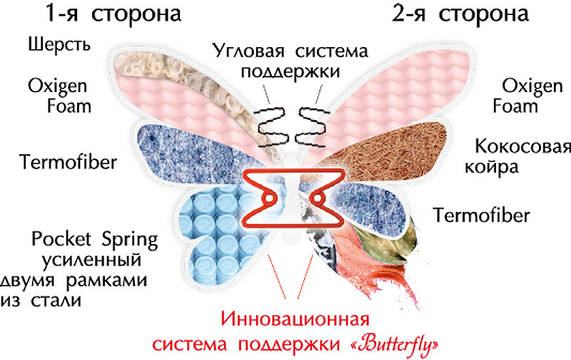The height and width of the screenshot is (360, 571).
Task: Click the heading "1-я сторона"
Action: (x=113, y=14)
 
